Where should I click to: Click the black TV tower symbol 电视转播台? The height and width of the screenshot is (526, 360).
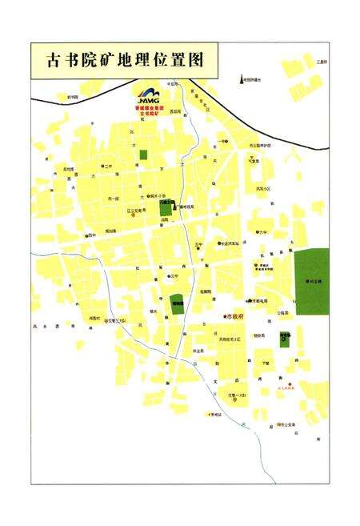[240, 78]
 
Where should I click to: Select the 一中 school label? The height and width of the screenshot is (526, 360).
[222, 142]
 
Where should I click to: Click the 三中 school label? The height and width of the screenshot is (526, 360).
[174, 276]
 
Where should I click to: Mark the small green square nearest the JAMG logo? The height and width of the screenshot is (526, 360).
[143, 155]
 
